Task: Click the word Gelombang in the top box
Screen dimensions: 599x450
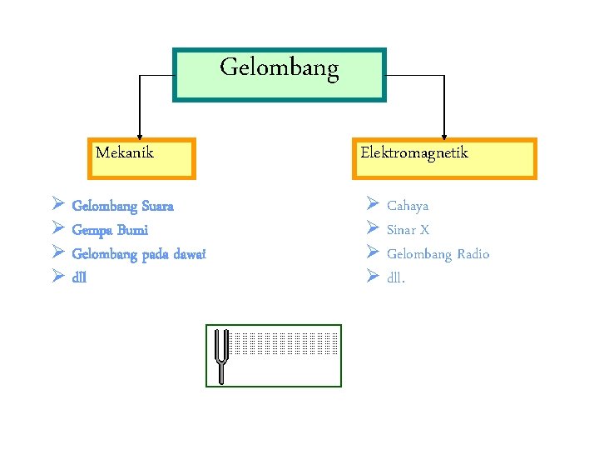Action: [x=280, y=68]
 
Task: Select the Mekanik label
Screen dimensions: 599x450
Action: [x=125, y=152]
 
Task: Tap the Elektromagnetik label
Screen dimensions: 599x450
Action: [x=414, y=152]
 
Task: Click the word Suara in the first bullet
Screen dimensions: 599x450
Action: [x=158, y=206]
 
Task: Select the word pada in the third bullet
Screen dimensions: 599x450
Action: [x=153, y=254]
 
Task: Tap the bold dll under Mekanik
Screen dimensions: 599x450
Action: [x=80, y=277]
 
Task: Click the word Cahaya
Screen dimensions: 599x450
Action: [x=408, y=206]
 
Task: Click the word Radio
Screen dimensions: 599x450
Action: [x=473, y=254]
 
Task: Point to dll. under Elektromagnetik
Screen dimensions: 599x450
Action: [x=396, y=277]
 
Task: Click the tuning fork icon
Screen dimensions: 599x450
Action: [x=221, y=356]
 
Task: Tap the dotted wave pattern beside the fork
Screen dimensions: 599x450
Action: [x=284, y=342]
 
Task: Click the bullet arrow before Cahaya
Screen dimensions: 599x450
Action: [x=371, y=204]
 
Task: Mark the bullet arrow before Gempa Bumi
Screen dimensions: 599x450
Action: [x=57, y=228]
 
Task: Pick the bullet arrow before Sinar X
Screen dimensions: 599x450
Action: [x=371, y=228]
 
